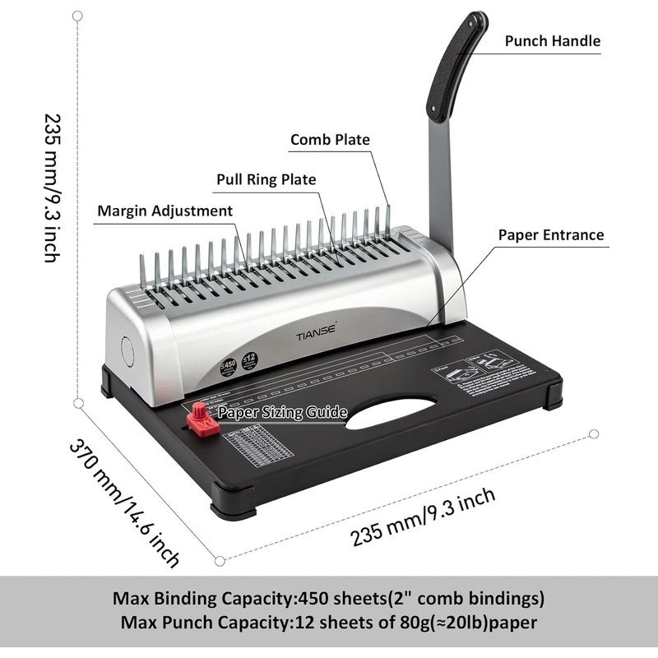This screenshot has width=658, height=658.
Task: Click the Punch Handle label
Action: coord(552,40)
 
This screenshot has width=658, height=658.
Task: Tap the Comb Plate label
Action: coord(330,140)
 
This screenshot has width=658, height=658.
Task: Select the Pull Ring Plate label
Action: coord(266,179)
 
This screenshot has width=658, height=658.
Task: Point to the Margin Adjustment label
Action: coord(164,211)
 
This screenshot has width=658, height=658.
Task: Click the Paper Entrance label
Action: coord(550,234)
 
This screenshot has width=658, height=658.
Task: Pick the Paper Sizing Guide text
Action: coord(282,412)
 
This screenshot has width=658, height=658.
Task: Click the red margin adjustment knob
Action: coord(201,419)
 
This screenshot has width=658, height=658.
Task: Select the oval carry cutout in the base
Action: coord(391,412)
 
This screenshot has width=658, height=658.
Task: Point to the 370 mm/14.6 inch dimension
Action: coord(123,503)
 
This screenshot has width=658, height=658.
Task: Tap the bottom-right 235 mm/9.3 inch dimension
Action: coord(423,516)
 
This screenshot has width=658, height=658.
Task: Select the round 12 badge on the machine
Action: coord(250,360)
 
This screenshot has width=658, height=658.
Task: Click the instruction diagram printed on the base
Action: coord(480,367)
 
